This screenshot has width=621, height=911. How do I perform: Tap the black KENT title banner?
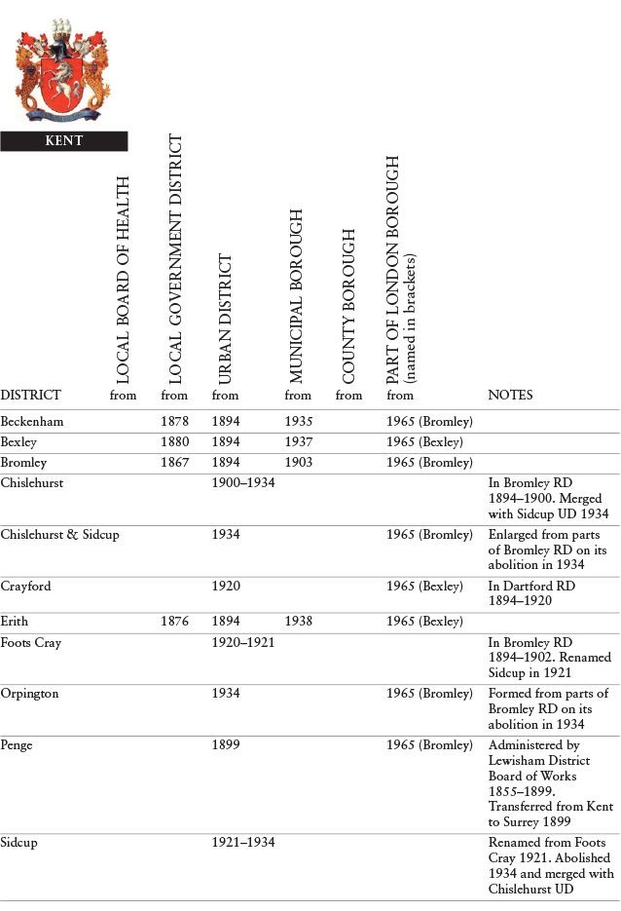[x=64, y=141]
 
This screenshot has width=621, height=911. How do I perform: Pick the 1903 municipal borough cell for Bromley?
[x=299, y=462]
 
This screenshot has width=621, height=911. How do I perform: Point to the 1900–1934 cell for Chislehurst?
[x=242, y=483]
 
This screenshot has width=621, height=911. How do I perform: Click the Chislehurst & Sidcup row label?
[x=60, y=534]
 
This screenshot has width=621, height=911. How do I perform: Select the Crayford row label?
[x=26, y=587]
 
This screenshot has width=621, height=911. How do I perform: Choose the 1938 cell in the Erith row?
[x=299, y=622]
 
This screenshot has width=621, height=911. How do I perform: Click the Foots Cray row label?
[x=30, y=642]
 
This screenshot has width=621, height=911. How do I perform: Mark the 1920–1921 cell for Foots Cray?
[x=242, y=642]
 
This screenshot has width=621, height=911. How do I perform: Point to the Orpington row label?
[x=30, y=694]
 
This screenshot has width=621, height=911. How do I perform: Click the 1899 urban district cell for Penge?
[x=226, y=745]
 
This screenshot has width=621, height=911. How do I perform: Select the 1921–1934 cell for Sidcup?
[x=242, y=842]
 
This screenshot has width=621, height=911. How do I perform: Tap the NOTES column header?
[x=509, y=396]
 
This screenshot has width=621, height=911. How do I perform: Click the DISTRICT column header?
[x=31, y=396]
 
